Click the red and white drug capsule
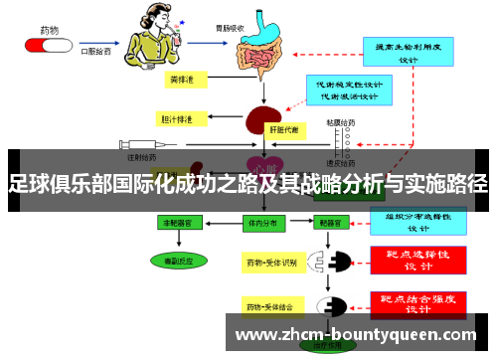click(x=44, y=46)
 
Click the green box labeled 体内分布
click(x=262, y=225)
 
